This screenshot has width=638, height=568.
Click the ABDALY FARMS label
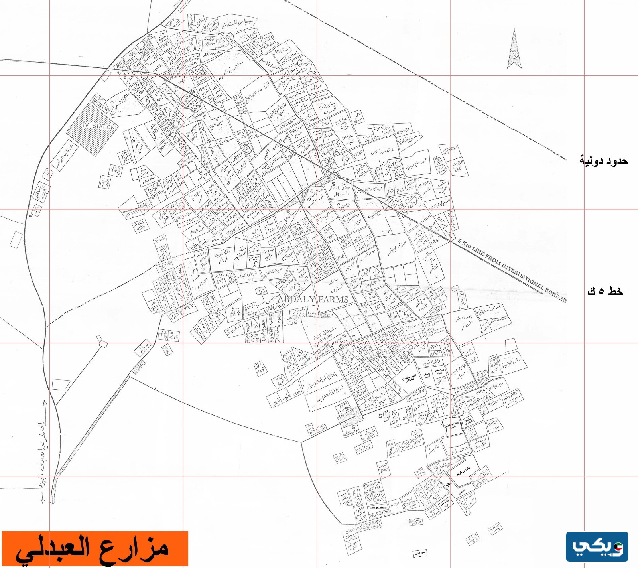313,299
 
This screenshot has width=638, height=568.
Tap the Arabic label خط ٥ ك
605,292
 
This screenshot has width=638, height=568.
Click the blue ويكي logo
597,547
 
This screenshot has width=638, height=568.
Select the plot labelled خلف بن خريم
463,474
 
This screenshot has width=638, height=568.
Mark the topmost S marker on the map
150,35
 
